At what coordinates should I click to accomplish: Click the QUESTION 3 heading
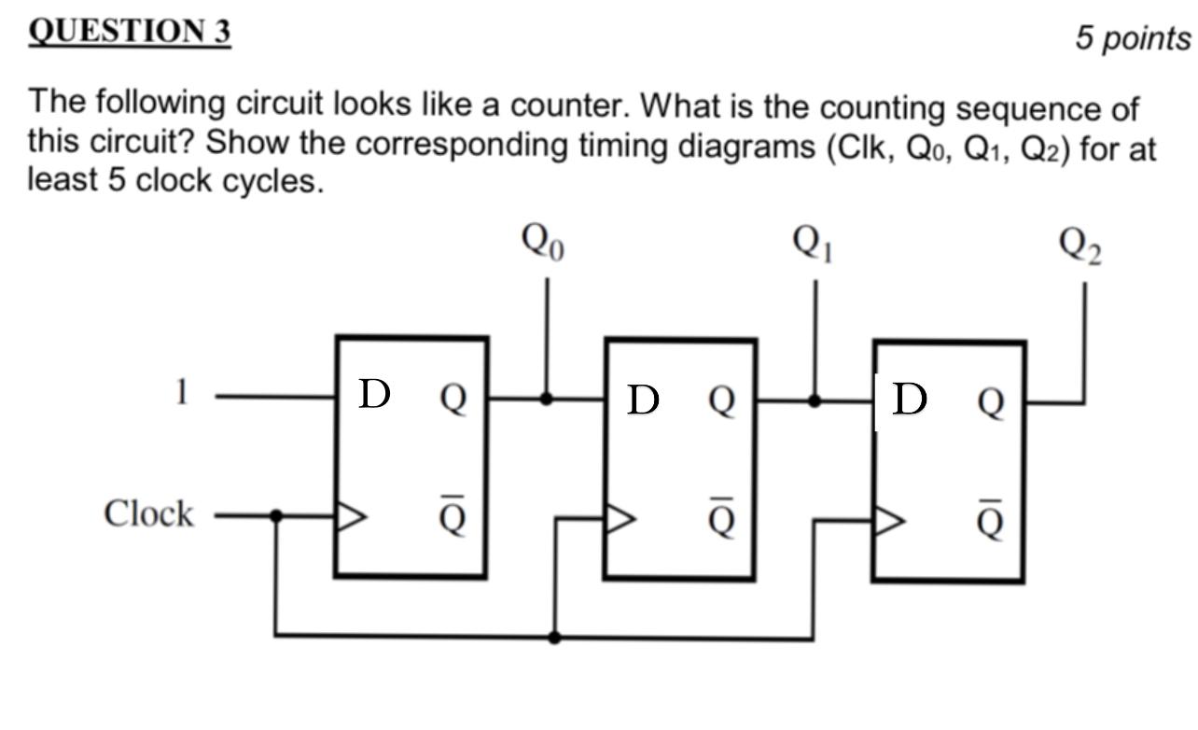pyautogui.click(x=130, y=32)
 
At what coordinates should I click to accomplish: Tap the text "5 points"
pyautogui.click(x=1133, y=38)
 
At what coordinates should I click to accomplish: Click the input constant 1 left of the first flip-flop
pyautogui.click(x=182, y=393)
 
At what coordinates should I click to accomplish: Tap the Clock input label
pyautogui.click(x=149, y=513)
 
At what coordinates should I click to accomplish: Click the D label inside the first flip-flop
pyautogui.click(x=373, y=395)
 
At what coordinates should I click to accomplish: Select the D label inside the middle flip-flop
pyautogui.click(x=643, y=400)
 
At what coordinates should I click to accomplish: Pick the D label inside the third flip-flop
pyautogui.click(x=910, y=399)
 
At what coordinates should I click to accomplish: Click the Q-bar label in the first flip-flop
pyautogui.click(x=452, y=515)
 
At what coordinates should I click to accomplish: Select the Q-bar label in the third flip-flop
pyautogui.click(x=991, y=520)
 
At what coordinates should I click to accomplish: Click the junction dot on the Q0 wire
pyautogui.click(x=547, y=398)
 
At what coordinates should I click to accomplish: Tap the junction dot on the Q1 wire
pyautogui.click(x=815, y=400)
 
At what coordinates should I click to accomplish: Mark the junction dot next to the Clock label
pyautogui.click(x=275, y=514)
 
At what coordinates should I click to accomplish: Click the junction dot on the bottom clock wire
pyautogui.click(x=555, y=638)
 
